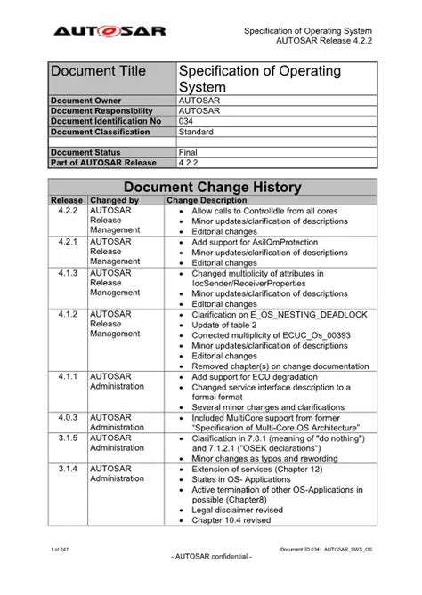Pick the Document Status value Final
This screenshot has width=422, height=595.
click(190, 152)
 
